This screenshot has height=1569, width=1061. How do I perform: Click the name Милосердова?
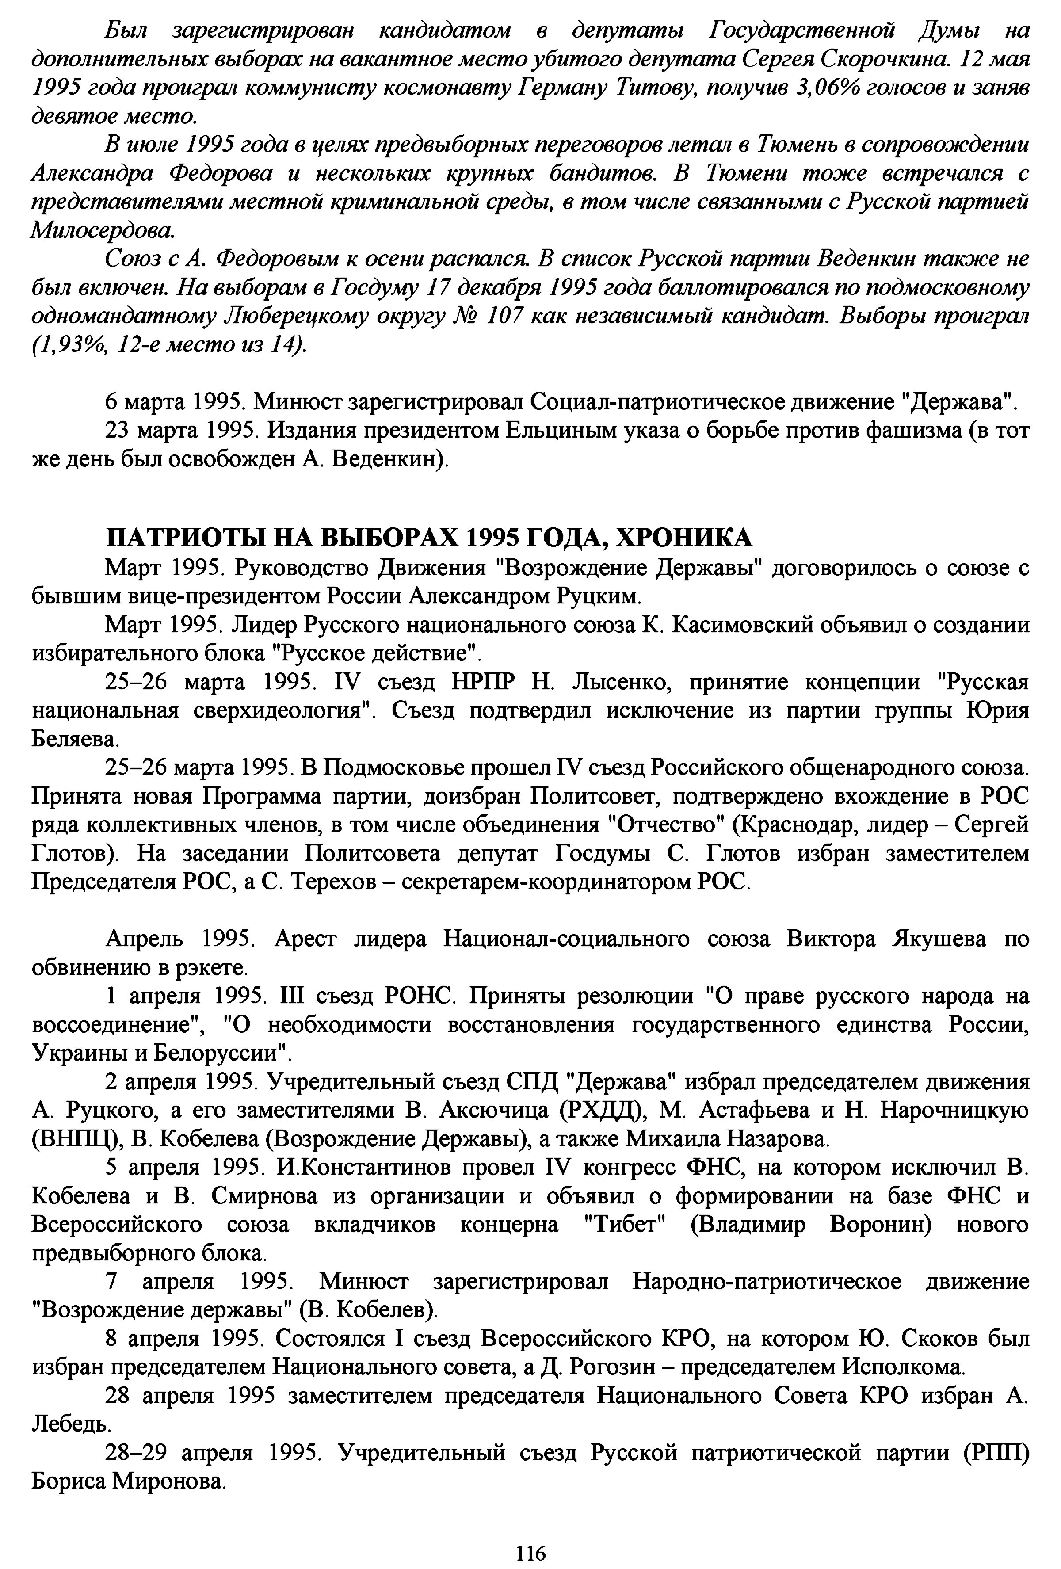tap(103, 231)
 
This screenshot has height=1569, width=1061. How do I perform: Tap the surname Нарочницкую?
tap(954, 1111)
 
